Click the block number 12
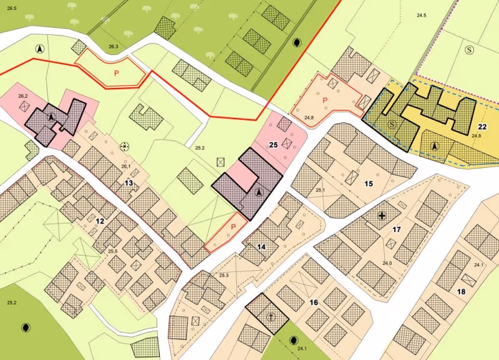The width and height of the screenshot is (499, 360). tap(100, 221)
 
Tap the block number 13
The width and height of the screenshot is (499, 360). tap(128, 183)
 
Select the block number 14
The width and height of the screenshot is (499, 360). tap(261, 247)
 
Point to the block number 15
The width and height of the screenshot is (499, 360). tap(369, 183)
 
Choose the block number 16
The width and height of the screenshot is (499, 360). tap(314, 303)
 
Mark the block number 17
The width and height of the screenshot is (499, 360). tap(396, 230)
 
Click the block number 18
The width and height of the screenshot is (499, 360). tap(461, 291)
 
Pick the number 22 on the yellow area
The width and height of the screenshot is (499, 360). tap(482, 127)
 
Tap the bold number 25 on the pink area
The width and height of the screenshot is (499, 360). tap(273, 145)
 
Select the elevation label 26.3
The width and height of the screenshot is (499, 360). tap(113, 47)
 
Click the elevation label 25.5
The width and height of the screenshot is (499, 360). tap(113, 251)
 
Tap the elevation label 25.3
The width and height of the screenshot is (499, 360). tap(224, 275)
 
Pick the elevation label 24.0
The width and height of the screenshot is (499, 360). tap(387, 263)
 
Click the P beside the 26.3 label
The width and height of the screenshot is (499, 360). tap(116, 73)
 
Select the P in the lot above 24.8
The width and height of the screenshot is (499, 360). tap(324, 100)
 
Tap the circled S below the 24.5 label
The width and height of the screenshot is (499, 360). tap(469, 49)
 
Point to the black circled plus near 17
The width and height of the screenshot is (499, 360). tap(382, 216)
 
